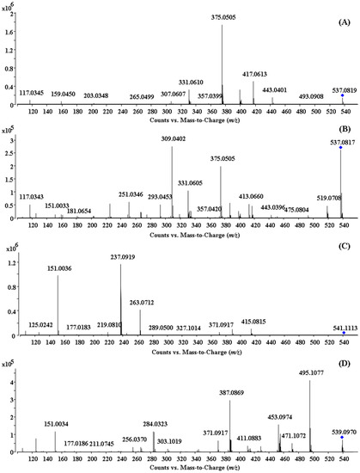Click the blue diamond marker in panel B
[341, 147]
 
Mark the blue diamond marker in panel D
[342, 438]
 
